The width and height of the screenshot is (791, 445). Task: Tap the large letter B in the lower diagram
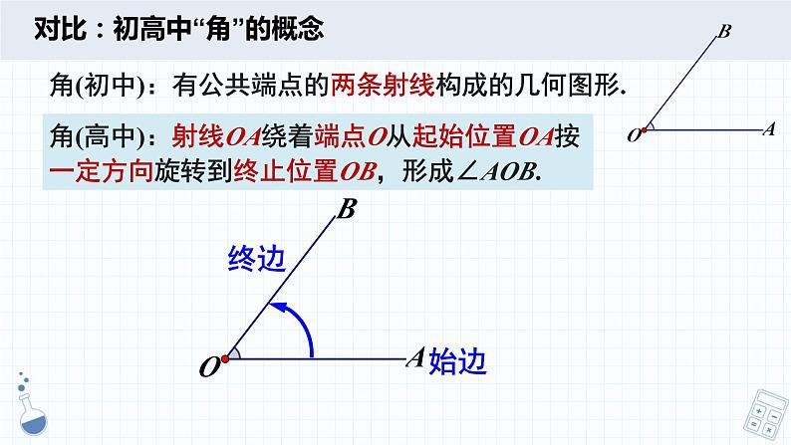(348, 209)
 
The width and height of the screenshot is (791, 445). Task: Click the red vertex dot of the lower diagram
(227, 356)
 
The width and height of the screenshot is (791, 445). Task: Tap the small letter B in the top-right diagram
(724, 32)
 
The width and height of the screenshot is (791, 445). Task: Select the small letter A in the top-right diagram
(767, 128)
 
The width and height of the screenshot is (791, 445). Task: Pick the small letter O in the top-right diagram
(633, 135)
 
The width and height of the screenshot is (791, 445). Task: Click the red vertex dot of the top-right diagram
(646, 129)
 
